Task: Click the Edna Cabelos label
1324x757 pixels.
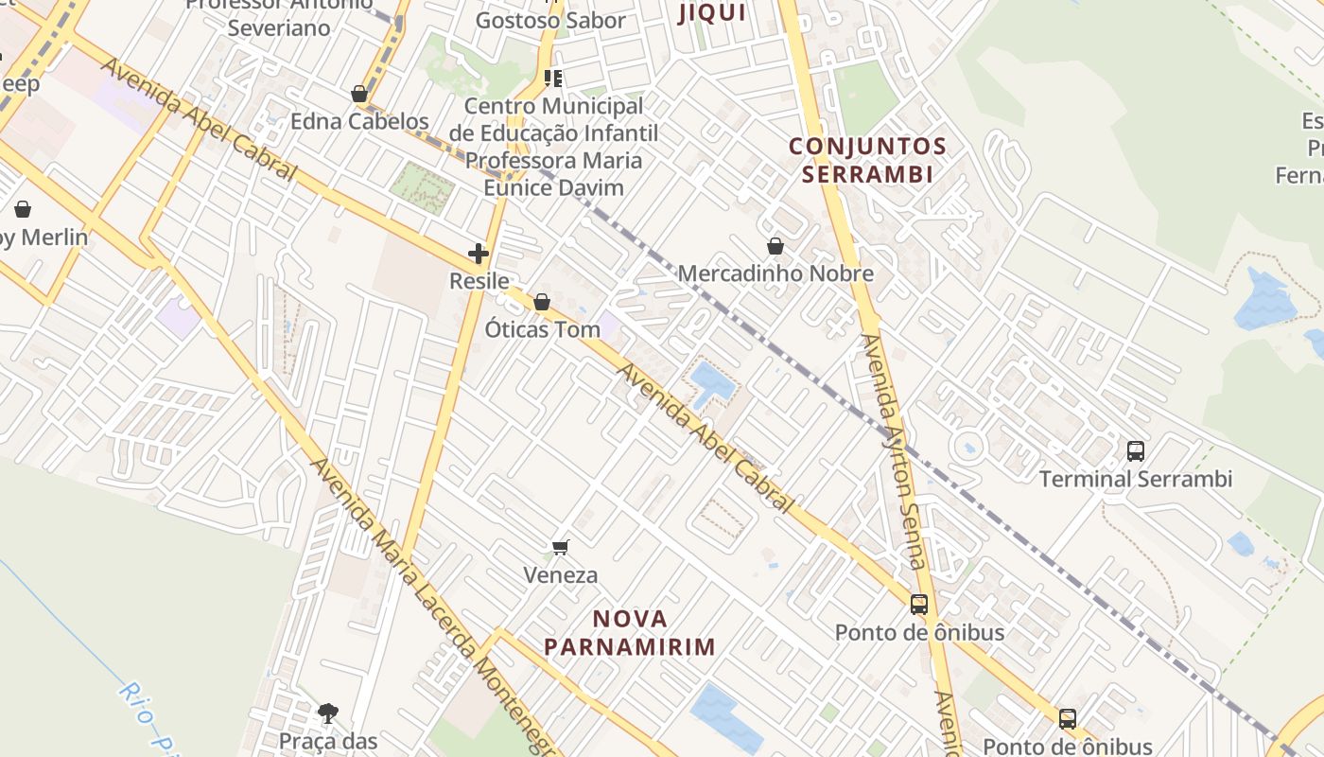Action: point(359,122)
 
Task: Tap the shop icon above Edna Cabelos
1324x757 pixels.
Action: point(359,94)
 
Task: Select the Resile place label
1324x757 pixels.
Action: point(479,281)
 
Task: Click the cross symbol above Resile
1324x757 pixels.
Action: point(479,254)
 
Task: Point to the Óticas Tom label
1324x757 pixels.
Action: point(542,330)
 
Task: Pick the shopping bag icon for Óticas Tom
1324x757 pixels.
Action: point(542,303)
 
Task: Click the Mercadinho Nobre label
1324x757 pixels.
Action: point(775,274)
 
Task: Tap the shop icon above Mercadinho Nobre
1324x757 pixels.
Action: point(775,246)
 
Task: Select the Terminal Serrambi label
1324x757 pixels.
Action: point(1136,479)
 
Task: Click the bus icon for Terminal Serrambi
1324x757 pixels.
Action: point(1136,451)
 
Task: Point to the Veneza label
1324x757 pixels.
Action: point(561,575)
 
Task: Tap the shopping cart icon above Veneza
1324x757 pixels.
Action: point(561,547)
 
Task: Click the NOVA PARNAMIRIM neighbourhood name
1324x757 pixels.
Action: point(630,633)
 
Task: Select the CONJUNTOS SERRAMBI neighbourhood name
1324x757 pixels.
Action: point(867,160)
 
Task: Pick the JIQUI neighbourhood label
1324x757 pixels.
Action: point(712,13)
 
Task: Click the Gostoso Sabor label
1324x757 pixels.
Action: point(550,21)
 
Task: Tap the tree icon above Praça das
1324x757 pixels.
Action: point(328,713)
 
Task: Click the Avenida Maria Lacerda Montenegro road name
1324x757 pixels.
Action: point(430,606)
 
